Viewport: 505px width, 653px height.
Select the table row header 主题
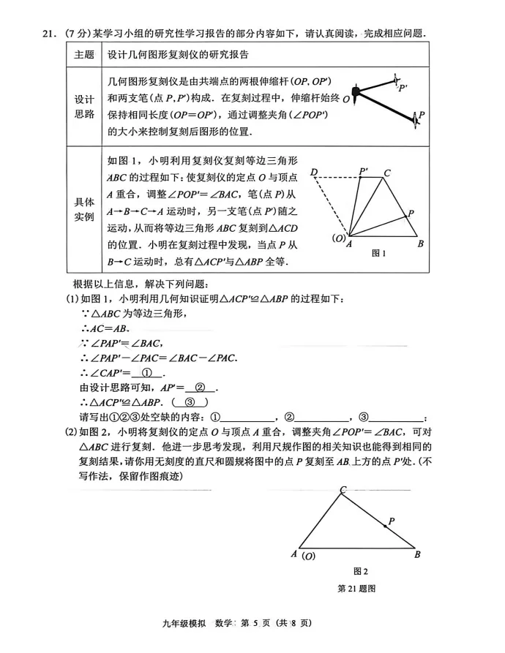pos(84,55)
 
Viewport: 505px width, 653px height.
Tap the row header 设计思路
pos(84,105)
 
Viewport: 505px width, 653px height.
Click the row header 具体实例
pos(84,210)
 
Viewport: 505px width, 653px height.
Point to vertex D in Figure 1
pos(313,173)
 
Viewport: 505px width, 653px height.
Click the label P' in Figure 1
pos(364,171)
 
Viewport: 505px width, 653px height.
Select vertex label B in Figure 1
pos(421,244)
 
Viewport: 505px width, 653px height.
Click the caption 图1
pos(378,253)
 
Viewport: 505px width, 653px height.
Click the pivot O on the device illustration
pos(355,93)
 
